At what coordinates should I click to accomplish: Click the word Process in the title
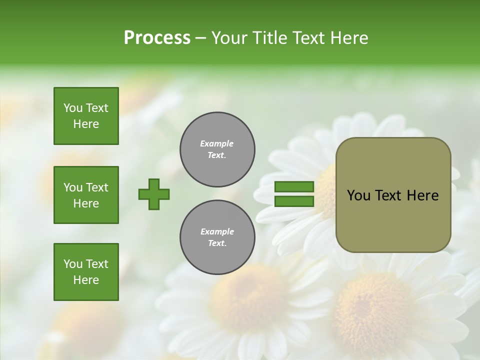(x=157, y=38)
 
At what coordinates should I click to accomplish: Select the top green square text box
(x=86, y=116)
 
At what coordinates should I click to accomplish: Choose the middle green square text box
(x=86, y=195)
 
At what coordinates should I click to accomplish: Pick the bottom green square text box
(x=86, y=272)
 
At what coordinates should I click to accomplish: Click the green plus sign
(x=154, y=194)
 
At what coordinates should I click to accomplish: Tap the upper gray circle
(x=217, y=149)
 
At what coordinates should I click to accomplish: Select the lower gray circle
(x=217, y=237)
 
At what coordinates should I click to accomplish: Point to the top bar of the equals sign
(x=294, y=187)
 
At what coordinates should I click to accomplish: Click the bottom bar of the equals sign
(x=294, y=201)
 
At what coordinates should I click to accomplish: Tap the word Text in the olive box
(x=388, y=195)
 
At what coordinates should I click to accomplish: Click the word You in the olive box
(x=358, y=195)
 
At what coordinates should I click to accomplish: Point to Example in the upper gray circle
(x=217, y=143)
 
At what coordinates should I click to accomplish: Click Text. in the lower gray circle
(x=217, y=243)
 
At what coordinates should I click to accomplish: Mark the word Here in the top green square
(x=86, y=124)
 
